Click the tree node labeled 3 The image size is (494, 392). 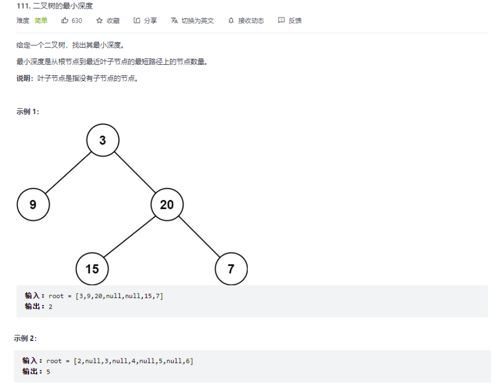click(103, 140)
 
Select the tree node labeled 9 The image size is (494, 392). click(33, 204)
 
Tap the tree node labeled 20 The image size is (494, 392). click(167, 204)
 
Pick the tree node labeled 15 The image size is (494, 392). click(92, 269)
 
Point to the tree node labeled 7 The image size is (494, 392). click(231, 269)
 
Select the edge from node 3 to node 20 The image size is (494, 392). click(135, 172)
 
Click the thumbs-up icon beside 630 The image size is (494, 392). click(65, 21)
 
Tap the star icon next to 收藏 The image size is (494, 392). click(99, 21)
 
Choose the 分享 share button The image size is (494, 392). click(145, 21)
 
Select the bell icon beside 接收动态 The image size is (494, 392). click(231, 21)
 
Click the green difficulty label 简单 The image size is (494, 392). click(41, 21)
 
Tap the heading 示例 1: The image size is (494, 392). click(27, 112)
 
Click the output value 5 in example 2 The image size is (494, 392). click(48, 372)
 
